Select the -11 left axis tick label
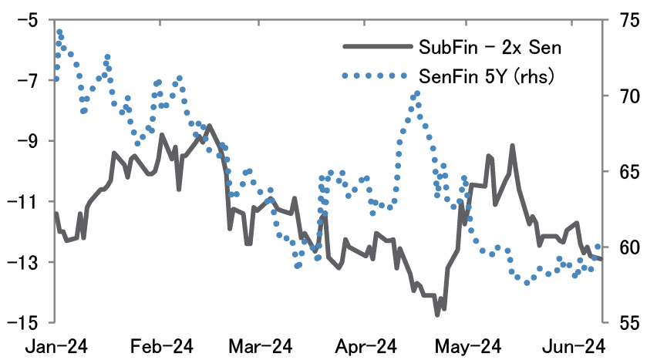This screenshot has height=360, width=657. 24,202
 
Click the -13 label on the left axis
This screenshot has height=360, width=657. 24,262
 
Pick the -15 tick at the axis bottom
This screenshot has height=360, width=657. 24,323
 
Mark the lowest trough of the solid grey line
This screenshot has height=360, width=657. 437,314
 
